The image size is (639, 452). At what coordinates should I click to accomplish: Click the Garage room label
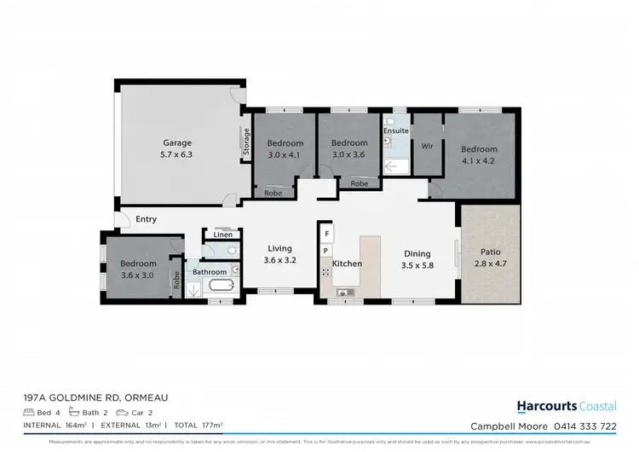click(x=177, y=142)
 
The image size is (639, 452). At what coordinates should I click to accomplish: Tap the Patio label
click(x=490, y=252)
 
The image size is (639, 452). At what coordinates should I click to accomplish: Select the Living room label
click(x=279, y=248)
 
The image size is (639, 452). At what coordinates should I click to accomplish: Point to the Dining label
click(x=417, y=253)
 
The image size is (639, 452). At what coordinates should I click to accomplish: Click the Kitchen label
click(x=347, y=264)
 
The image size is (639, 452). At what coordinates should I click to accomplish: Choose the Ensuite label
click(x=395, y=130)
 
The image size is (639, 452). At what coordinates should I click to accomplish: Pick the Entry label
click(x=146, y=219)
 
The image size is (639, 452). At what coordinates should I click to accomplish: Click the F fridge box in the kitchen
click(x=325, y=233)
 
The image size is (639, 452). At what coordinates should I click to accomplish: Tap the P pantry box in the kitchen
click(x=325, y=251)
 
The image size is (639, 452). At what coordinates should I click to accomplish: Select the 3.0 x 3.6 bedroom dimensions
click(x=349, y=154)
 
